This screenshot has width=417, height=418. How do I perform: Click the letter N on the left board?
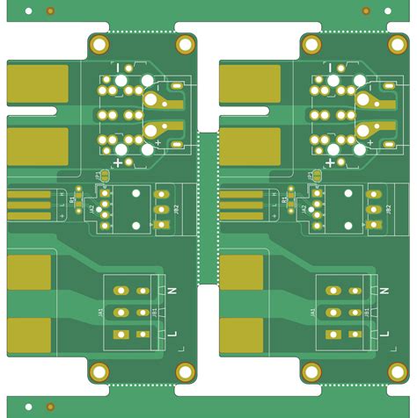tap(172, 290)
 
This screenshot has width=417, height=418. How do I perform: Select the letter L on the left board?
tap(172, 334)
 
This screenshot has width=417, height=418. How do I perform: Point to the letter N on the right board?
tap(384, 290)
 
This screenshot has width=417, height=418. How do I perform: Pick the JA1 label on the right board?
tap(311, 312)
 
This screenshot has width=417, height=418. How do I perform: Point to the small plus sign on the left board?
tap(158, 141)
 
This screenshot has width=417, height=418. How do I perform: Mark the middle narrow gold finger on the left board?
tap(29, 205)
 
